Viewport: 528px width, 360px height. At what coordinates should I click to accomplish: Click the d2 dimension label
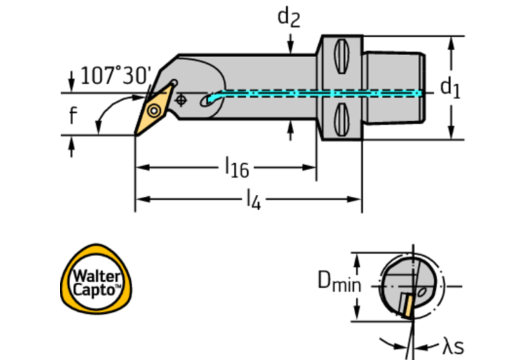(x=289, y=17)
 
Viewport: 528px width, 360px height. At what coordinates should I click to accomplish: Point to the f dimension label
(x=73, y=115)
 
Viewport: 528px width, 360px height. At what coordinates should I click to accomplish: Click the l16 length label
(x=237, y=167)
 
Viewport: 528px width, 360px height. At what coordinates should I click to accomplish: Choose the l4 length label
(x=253, y=200)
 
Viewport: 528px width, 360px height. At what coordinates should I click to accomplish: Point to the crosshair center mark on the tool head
(x=181, y=100)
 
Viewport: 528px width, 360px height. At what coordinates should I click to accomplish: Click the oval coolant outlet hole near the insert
(x=207, y=102)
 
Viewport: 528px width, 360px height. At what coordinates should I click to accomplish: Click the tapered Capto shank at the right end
(x=392, y=87)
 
